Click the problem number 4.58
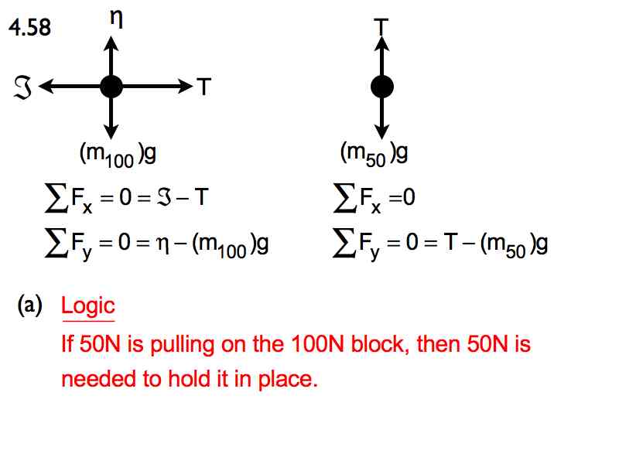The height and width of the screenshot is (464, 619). (30, 28)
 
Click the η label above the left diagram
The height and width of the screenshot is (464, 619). (117, 18)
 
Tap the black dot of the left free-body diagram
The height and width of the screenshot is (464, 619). (111, 87)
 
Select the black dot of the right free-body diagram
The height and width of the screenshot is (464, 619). (382, 87)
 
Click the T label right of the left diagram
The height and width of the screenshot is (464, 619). (203, 87)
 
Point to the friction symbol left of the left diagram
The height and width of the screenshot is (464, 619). (22, 87)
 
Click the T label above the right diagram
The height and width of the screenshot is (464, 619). (381, 27)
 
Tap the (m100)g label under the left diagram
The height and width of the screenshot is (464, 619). (118, 154)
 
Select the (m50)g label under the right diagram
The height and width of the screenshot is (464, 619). (374, 154)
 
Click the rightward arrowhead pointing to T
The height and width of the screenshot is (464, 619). (186, 87)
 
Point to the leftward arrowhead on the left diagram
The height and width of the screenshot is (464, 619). (46, 87)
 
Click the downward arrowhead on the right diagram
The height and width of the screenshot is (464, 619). (381, 132)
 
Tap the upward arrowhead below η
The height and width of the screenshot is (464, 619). (111, 43)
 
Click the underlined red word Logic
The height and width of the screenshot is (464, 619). (88, 306)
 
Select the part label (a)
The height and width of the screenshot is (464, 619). (30, 305)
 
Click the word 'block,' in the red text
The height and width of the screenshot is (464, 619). (380, 343)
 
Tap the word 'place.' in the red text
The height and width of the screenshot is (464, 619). (288, 380)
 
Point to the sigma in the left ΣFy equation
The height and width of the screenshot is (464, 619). (55, 243)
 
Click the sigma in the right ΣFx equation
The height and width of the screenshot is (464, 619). (344, 198)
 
